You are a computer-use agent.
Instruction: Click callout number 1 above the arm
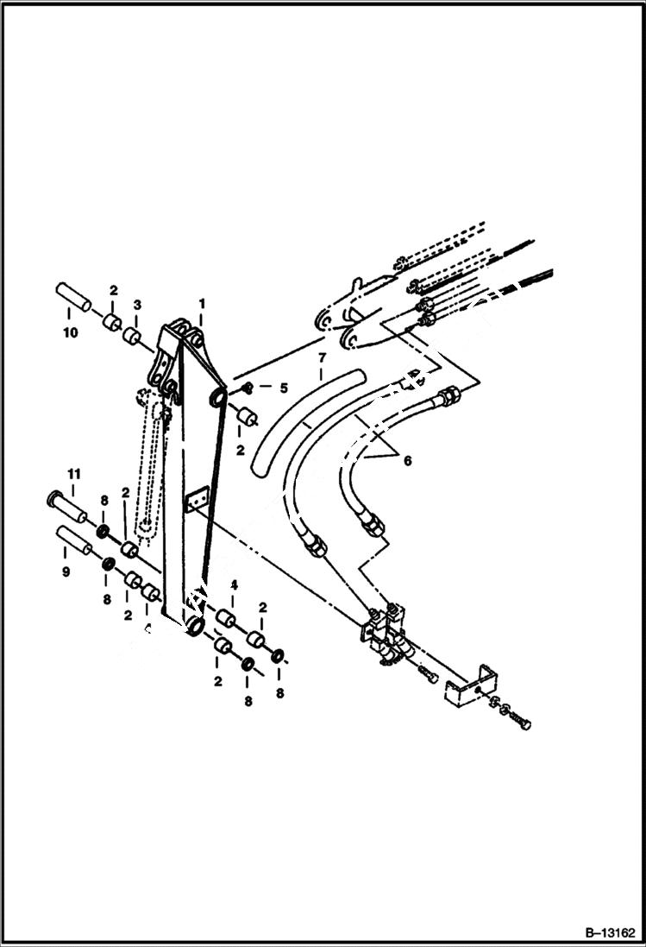tap(201, 305)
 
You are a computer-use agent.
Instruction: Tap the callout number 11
tap(74, 474)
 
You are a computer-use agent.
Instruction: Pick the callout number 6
tap(407, 460)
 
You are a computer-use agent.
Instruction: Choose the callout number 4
tap(234, 585)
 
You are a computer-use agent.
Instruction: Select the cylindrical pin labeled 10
tap(74, 297)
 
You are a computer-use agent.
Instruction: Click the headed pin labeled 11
tap(66, 507)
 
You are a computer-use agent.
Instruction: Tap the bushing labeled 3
tap(132, 336)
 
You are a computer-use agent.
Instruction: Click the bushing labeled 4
tap(227, 618)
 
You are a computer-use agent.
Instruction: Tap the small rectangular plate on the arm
tap(198, 499)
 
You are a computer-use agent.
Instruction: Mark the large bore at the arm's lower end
tap(196, 626)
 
